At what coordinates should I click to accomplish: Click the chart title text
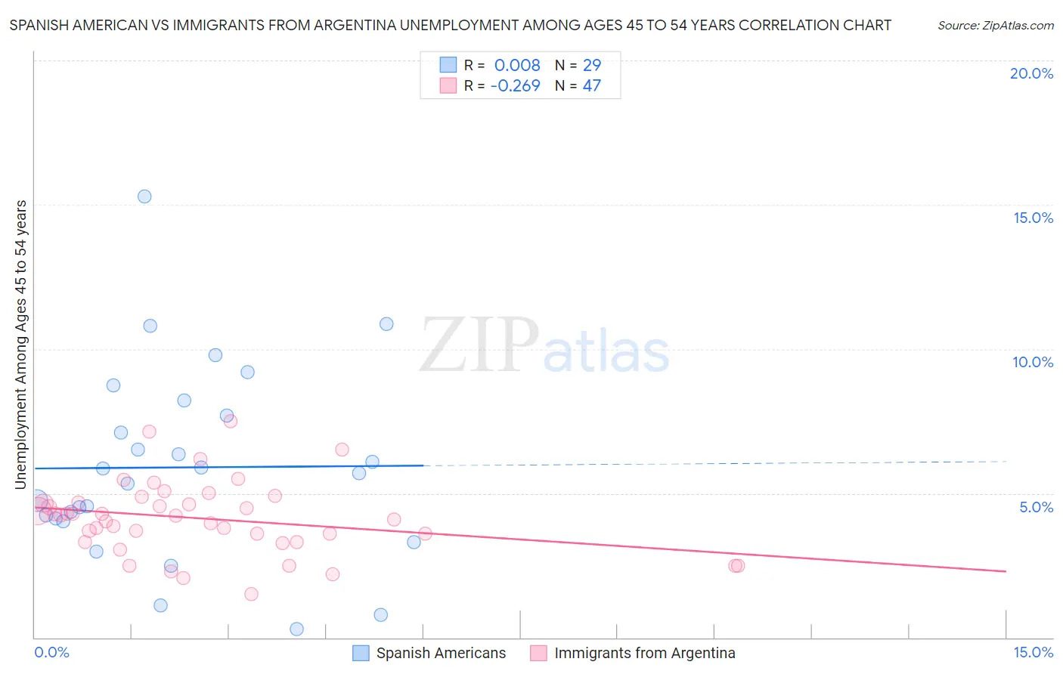click(x=450, y=25)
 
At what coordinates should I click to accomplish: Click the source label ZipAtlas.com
click(x=995, y=25)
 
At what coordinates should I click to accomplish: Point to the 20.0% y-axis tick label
click(x=1031, y=73)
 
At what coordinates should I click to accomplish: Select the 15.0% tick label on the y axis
click(x=1033, y=218)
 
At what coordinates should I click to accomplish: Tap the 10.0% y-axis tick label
click(x=1033, y=362)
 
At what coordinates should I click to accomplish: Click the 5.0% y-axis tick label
click(x=1036, y=507)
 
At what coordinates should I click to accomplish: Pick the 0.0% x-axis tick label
click(x=51, y=652)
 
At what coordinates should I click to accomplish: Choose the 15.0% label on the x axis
click(x=1033, y=652)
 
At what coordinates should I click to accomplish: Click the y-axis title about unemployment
click(x=21, y=345)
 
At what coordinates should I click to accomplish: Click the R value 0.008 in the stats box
click(x=517, y=66)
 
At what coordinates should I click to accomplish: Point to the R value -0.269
click(x=515, y=86)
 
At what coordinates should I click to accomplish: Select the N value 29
click(x=592, y=66)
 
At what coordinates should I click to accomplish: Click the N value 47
click(x=592, y=86)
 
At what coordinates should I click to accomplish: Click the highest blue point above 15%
click(x=144, y=196)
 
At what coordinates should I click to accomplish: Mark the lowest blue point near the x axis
click(x=296, y=629)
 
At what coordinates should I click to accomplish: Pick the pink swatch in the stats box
click(x=448, y=86)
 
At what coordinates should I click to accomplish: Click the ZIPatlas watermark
click(x=544, y=345)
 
